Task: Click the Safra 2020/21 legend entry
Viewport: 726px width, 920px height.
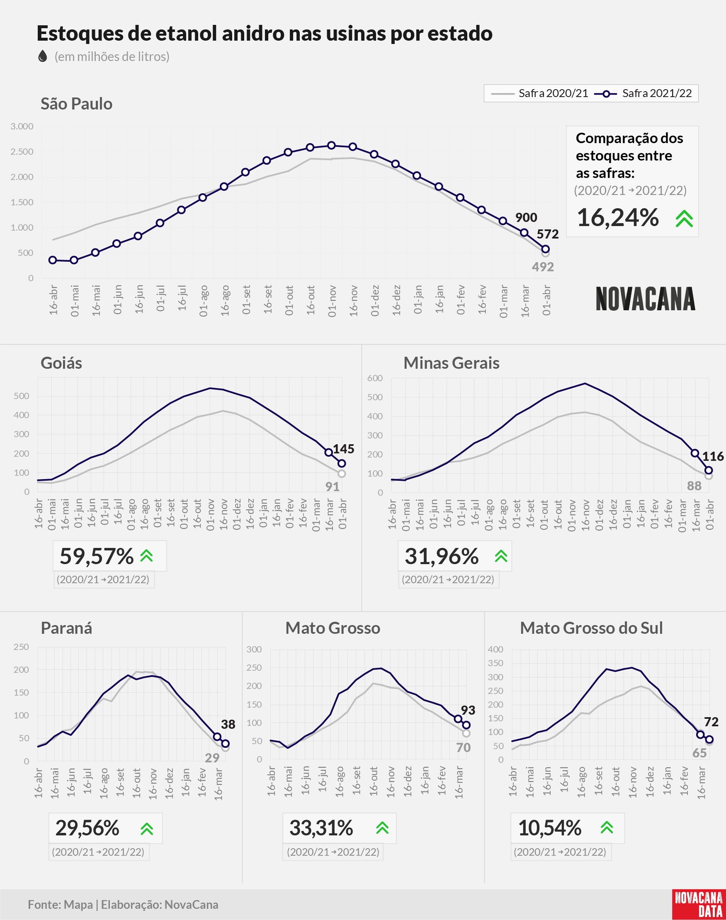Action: (x=539, y=93)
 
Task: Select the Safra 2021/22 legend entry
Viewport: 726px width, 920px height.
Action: (x=643, y=93)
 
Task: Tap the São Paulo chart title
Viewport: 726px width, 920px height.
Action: (x=77, y=104)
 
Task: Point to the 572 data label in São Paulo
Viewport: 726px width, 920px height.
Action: (x=547, y=234)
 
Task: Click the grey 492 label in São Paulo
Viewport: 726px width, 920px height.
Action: (x=543, y=267)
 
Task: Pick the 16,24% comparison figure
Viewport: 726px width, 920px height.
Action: (x=618, y=218)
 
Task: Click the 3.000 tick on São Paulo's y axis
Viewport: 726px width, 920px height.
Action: (x=22, y=126)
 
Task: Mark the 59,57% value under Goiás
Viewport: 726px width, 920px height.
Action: (x=97, y=556)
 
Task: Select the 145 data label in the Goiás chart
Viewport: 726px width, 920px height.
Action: (x=343, y=449)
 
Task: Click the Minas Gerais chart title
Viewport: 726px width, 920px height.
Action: (x=452, y=363)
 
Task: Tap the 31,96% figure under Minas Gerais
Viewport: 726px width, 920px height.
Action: (x=442, y=556)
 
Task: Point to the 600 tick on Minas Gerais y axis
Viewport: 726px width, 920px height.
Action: (x=375, y=378)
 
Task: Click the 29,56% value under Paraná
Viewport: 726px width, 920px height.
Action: (x=87, y=828)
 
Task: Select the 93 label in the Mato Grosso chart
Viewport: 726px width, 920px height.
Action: (x=468, y=710)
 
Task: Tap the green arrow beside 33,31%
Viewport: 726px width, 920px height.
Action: (x=382, y=828)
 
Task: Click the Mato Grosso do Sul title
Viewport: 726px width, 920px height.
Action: (x=591, y=628)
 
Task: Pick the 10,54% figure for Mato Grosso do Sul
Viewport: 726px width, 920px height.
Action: (x=550, y=828)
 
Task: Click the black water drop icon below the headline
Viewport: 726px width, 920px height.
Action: (x=43, y=56)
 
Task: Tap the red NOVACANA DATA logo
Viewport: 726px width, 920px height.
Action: (x=699, y=904)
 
